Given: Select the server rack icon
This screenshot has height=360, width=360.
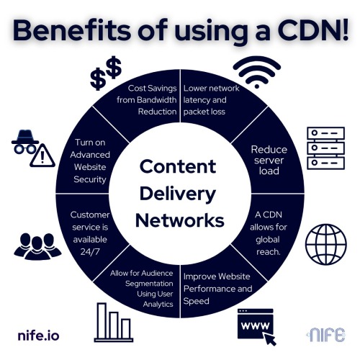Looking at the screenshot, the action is pyautogui.click(x=326, y=148).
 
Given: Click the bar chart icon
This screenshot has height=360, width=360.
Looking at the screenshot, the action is pyautogui.click(x=114, y=323).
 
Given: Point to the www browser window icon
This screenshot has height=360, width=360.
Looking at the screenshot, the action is pyautogui.click(x=256, y=326).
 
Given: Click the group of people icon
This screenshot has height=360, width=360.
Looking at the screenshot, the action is pyautogui.click(x=37, y=246).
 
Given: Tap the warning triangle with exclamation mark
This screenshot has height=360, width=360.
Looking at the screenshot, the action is pyautogui.click(x=42, y=156).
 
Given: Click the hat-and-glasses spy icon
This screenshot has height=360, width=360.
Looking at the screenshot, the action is pyautogui.click(x=25, y=142).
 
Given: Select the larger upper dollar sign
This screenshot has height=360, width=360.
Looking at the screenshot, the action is pyautogui.click(x=114, y=67).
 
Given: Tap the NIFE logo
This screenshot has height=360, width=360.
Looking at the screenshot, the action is pyautogui.click(x=326, y=335).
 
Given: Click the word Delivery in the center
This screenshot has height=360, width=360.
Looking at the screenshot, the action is pyautogui.click(x=178, y=194).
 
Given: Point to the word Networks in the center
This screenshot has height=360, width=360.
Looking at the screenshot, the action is pyautogui.click(x=180, y=220).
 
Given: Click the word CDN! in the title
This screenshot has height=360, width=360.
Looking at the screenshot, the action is pyautogui.click(x=314, y=31).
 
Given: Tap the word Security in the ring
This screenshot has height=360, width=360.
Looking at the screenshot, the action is pyautogui.click(x=90, y=179).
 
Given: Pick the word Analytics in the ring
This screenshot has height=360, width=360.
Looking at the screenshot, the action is pyautogui.click(x=158, y=305).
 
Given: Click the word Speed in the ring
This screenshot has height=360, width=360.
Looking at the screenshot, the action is pyautogui.click(x=196, y=301).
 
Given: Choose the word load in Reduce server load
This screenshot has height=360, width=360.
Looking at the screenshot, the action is pyautogui.click(x=269, y=171).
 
